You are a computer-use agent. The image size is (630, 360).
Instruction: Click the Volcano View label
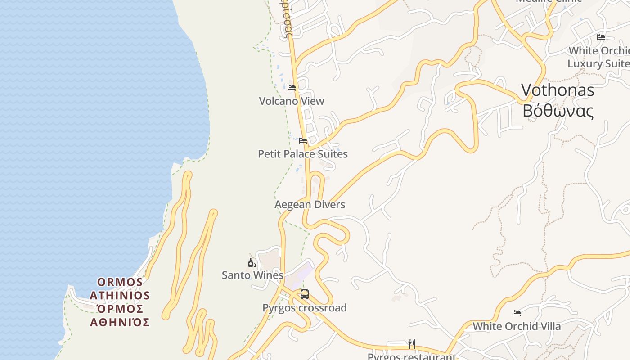click(x=292, y=101)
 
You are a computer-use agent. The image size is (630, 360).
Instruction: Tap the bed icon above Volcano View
click(x=292, y=87)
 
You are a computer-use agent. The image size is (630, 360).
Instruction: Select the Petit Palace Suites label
click(x=303, y=154)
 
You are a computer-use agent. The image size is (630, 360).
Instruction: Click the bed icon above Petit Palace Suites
click(x=303, y=141)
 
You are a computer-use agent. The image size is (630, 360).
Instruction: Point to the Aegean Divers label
click(x=310, y=205)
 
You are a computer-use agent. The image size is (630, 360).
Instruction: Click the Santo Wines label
click(x=252, y=275)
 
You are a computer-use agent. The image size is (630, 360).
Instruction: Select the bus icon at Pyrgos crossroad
click(x=305, y=294)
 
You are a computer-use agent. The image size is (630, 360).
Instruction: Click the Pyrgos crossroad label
click(x=305, y=308)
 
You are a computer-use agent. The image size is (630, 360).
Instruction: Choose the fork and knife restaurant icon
click(x=412, y=344)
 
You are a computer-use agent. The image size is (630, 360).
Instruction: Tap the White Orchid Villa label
click(x=517, y=326)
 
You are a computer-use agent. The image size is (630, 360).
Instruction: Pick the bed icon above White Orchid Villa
click(x=517, y=313)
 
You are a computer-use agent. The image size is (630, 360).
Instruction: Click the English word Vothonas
click(x=558, y=90)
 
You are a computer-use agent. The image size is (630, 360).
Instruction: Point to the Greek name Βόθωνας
click(x=558, y=111)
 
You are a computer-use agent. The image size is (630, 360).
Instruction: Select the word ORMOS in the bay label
click(x=120, y=282)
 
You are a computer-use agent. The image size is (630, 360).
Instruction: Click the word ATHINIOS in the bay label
click(x=120, y=296)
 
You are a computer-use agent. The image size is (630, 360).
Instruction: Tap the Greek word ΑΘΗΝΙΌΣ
click(x=120, y=322)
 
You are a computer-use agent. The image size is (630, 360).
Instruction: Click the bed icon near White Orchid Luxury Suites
click(x=601, y=37)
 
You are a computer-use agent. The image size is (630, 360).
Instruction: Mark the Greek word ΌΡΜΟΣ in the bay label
click(x=120, y=309)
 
